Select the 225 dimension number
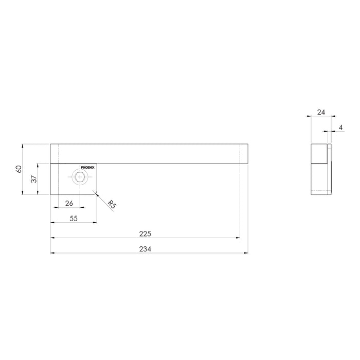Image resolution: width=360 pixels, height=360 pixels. (145, 233)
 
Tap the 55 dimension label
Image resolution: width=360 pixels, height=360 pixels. (73, 218)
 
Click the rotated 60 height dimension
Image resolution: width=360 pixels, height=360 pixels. (18, 169)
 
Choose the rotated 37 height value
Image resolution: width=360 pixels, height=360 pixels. (33, 178)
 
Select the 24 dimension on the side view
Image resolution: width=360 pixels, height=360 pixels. (320, 111)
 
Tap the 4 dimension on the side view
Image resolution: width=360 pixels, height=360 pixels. (341, 127)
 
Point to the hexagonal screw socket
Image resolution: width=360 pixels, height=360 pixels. (79, 178)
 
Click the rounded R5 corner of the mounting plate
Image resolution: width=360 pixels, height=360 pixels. (95, 193)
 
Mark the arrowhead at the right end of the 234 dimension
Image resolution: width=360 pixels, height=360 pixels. (248, 253)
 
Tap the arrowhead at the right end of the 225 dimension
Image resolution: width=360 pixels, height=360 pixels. (239, 238)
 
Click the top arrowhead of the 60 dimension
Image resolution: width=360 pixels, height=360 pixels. (23, 146)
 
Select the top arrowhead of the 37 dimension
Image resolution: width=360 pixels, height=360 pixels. (38, 165)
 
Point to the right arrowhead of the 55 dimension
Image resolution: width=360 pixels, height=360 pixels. (95, 223)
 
